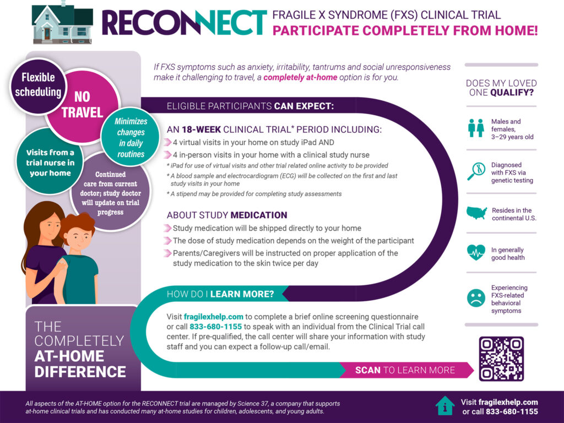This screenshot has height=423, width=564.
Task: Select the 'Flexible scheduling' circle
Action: click(x=37, y=85)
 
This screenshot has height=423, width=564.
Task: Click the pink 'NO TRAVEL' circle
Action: click(x=82, y=105)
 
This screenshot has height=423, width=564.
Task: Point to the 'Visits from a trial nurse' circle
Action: click(x=50, y=163)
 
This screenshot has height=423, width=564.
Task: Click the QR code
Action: click(x=501, y=359)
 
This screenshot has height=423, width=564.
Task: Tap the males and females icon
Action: click(x=475, y=128)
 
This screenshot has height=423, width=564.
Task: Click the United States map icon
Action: click(x=476, y=213)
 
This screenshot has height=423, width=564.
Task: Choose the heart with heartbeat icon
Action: click(x=475, y=253)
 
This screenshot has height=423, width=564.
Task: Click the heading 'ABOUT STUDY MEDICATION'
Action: click(x=227, y=215)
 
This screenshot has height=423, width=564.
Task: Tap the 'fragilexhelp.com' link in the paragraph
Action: click(x=213, y=317)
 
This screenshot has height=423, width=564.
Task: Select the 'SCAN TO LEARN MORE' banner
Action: click(x=405, y=370)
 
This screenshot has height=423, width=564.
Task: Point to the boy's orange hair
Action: click(x=78, y=223)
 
